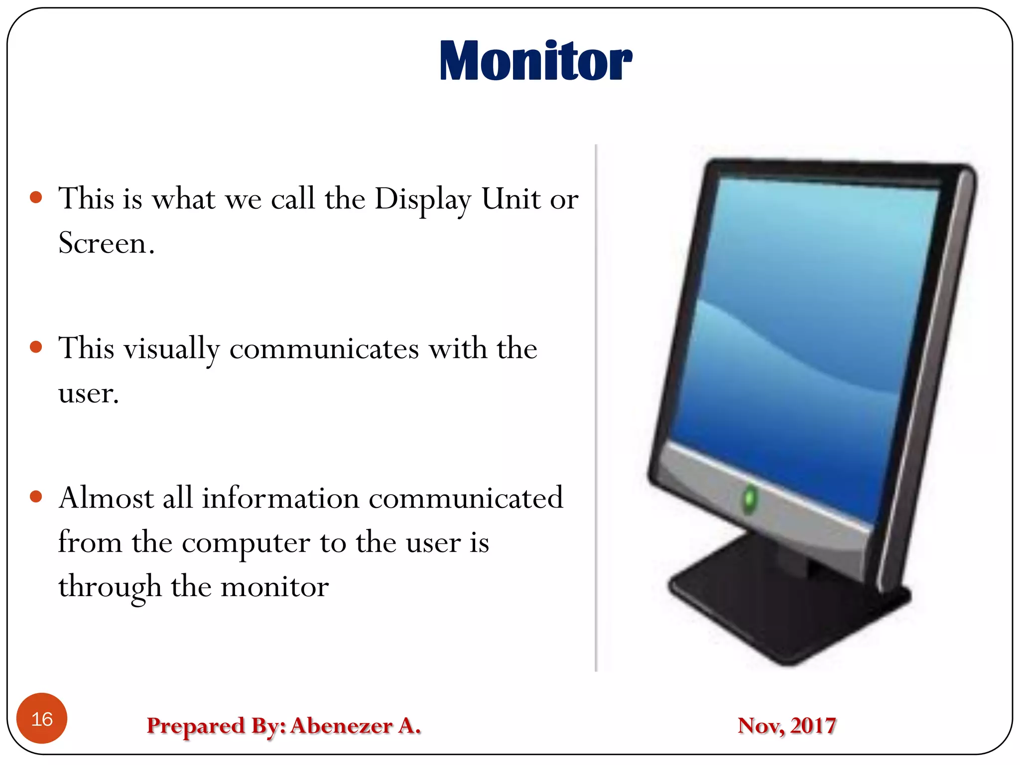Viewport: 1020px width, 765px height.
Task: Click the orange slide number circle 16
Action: tap(42, 718)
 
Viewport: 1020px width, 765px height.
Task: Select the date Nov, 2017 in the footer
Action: tap(786, 725)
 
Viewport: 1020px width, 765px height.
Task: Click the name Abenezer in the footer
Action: tap(342, 725)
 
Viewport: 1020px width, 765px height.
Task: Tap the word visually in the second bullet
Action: tap(171, 349)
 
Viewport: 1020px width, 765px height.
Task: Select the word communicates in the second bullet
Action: tap(324, 349)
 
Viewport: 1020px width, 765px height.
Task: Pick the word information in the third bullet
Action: tap(280, 498)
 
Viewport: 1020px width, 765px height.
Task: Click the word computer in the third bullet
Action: tap(246, 543)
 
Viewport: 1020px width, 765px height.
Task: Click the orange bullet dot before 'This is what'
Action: tap(36, 197)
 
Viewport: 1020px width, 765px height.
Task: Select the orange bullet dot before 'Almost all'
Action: tap(36, 496)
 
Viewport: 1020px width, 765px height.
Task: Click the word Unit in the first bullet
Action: tap(510, 199)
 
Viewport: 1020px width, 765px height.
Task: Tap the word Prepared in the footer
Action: tap(196, 726)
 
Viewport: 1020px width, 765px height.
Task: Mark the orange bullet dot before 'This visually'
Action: tap(36, 347)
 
